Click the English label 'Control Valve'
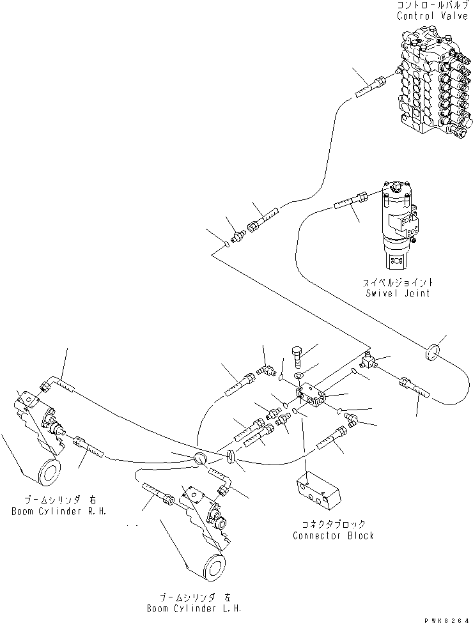point(432,15)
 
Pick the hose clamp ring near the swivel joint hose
point(433,351)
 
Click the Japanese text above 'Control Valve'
point(432,5)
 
